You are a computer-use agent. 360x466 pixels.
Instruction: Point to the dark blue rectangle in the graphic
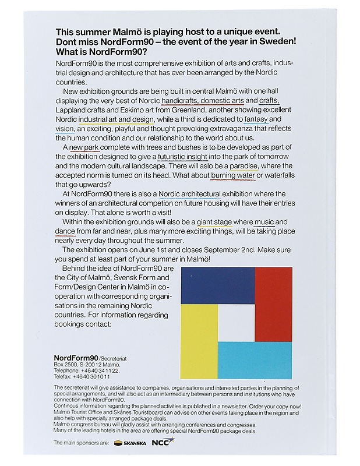point(217,285)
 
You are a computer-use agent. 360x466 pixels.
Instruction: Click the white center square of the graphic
point(236,323)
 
